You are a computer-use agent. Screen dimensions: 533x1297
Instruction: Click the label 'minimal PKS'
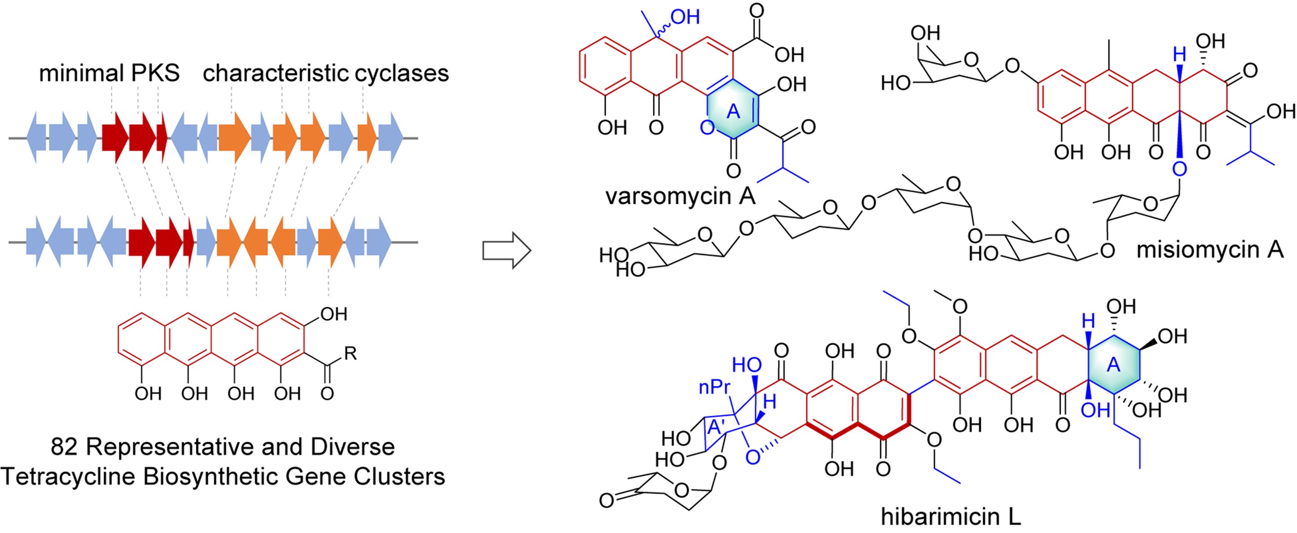coord(109,73)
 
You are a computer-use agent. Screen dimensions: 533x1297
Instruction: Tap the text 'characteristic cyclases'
coord(326,73)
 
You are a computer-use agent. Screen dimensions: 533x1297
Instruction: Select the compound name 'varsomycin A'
coord(680,196)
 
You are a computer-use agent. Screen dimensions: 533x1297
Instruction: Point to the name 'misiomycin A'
coord(1210,249)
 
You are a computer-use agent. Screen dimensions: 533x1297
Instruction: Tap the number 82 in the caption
coord(64,447)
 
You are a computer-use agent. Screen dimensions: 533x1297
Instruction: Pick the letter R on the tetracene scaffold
coord(350,354)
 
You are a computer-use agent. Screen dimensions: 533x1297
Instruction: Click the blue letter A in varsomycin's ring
coord(733,111)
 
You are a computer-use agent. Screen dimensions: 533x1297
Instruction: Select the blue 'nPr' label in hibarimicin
coord(714,387)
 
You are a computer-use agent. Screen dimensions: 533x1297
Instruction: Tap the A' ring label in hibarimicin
coord(716,427)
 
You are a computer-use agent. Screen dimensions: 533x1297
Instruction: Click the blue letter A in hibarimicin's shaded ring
coord(1113,365)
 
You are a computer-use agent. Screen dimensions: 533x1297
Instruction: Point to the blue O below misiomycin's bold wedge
coord(1179,169)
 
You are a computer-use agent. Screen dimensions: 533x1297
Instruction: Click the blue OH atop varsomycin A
coord(685,18)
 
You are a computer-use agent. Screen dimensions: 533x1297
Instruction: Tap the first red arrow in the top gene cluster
coord(115,138)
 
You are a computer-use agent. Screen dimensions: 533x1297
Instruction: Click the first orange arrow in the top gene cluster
coord(234,138)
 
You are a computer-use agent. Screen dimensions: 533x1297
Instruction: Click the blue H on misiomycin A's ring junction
coord(1179,54)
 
